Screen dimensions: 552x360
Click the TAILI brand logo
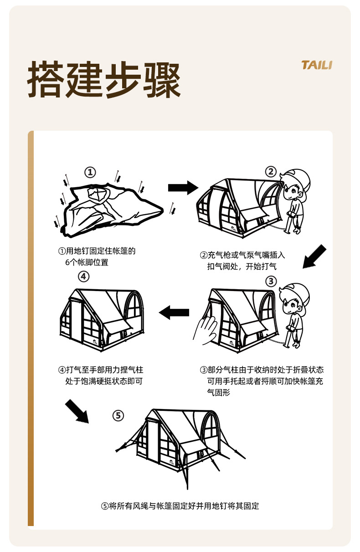coord(317,65)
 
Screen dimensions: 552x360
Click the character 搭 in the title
coord(46,81)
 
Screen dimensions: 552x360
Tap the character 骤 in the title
coord(162,81)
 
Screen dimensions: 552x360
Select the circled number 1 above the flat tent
coord(90,172)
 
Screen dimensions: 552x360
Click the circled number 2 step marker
coord(271,171)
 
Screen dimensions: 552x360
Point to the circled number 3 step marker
coord(271,281)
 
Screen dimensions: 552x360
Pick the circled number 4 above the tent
coord(83,276)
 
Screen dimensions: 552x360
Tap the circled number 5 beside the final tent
coord(118,415)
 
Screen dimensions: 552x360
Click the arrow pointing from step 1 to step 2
coord(183,187)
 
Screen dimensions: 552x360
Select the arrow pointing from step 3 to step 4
coord(174,312)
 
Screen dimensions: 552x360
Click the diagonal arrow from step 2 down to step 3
coord(315,256)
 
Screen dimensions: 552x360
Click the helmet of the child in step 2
coord(296,177)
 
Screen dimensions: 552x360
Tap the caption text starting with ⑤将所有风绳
coord(180,506)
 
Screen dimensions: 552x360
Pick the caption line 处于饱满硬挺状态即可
coord(104,381)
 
